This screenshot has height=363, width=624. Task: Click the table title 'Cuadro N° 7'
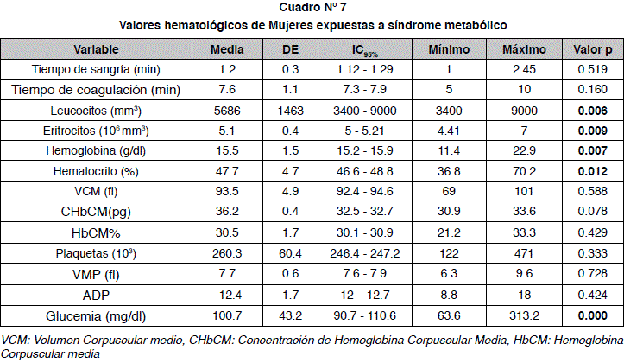click(312, 9)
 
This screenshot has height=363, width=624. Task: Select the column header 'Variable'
click(96, 49)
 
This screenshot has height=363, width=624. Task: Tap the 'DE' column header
click(291, 49)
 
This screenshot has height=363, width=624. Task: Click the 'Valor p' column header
click(593, 49)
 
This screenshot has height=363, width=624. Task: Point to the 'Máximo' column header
click(524, 49)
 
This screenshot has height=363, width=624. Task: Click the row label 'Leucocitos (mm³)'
click(96, 111)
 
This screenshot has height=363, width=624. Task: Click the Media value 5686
click(227, 111)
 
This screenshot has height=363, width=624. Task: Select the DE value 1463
click(291, 111)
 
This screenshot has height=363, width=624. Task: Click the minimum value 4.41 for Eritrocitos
click(450, 131)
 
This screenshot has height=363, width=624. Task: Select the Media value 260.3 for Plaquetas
click(227, 255)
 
